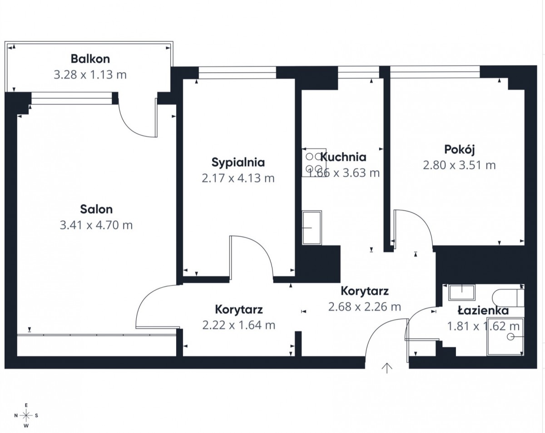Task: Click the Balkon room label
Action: pyautogui.click(x=90, y=59)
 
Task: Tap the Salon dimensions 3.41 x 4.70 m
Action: pyautogui.click(x=96, y=225)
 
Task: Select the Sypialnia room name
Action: pyautogui.click(x=238, y=162)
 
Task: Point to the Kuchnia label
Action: pyautogui.click(x=343, y=157)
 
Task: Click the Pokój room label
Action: pyautogui.click(x=460, y=150)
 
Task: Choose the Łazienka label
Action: pyautogui.click(x=483, y=310)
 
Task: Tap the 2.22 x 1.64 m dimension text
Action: pyautogui.click(x=238, y=325)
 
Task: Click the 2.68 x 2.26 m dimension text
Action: pyautogui.click(x=365, y=307)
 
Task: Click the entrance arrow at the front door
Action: pyautogui.click(x=387, y=368)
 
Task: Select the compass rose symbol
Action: pyautogui.click(x=26, y=415)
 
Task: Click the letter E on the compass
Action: pyautogui.click(x=26, y=405)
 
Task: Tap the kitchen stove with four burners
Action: pyautogui.click(x=314, y=162)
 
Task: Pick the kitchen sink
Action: pyautogui.click(x=312, y=227)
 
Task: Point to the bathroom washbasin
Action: pyautogui.click(x=462, y=293)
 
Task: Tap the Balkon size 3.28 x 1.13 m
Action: pyautogui.click(x=90, y=74)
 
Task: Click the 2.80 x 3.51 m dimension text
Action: pyautogui.click(x=460, y=165)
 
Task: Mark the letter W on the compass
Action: pyautogui.click(x=26, y=426)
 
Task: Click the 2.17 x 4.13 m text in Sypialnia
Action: pyautogui.click(x=238, y=178)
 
